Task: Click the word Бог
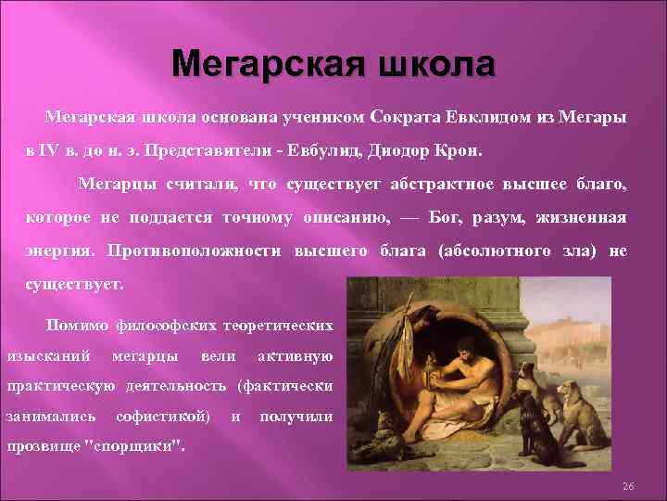click(x=454, y=218)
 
